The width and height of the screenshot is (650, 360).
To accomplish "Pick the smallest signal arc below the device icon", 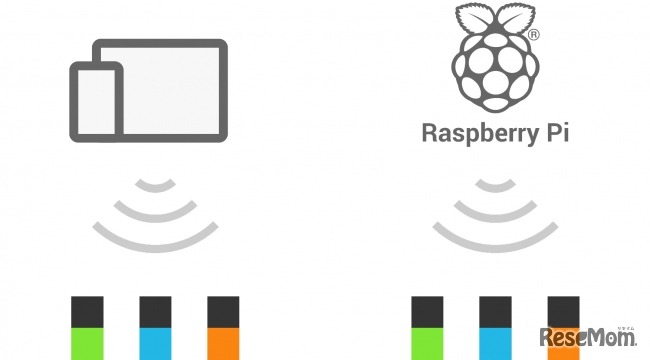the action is click(155, 184).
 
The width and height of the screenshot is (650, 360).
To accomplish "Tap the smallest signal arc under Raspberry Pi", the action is click(494, 184).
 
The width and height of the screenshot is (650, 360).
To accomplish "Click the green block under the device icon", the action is click(87, 343).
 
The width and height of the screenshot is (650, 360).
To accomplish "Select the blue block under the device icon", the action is click(155, 343).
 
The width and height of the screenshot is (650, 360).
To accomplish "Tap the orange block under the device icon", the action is click(223, 343).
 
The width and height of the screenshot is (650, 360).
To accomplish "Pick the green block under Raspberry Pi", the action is click(427, 343).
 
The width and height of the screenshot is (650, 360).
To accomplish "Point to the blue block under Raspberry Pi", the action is click(495, 343).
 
